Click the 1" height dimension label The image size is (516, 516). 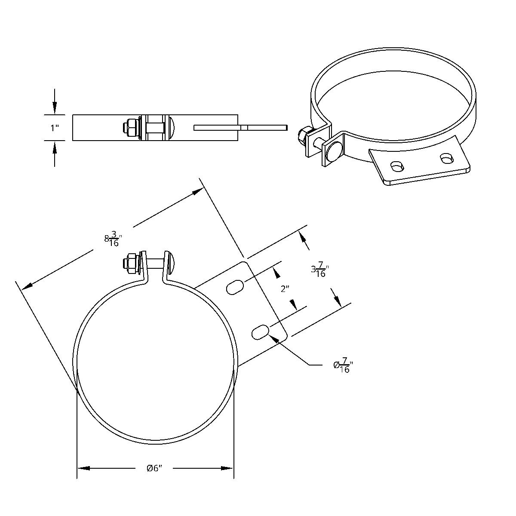[54, 128]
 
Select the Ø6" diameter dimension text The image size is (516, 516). [154, 468]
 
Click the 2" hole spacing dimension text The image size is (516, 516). [285, 289]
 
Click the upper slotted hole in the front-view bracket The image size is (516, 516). [235, 287]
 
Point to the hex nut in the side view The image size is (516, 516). [129, 128]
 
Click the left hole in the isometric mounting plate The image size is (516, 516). [396, 166]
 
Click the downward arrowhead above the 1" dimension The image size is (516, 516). [54, 107]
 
